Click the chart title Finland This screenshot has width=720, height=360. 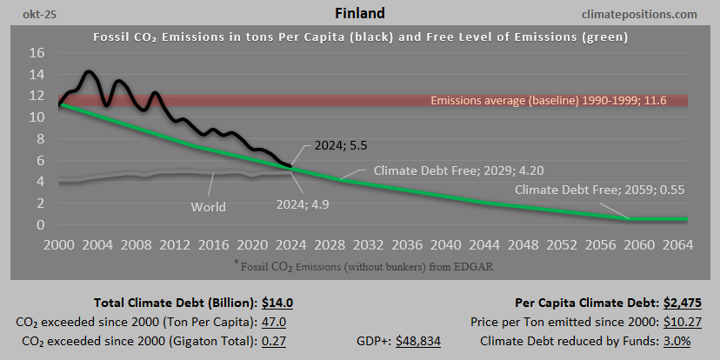[x=360, y=14]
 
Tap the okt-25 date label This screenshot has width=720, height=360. [x=29, y=15]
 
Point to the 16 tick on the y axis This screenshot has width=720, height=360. [x=37, y=52]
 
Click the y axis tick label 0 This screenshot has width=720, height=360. [x=41, y=225]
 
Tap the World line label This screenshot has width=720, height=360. [x=208, y=207]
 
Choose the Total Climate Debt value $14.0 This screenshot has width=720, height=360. [x=278, y=303]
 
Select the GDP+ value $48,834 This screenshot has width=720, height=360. [x=418, y=341]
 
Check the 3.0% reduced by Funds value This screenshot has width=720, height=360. [x=677, y=341]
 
